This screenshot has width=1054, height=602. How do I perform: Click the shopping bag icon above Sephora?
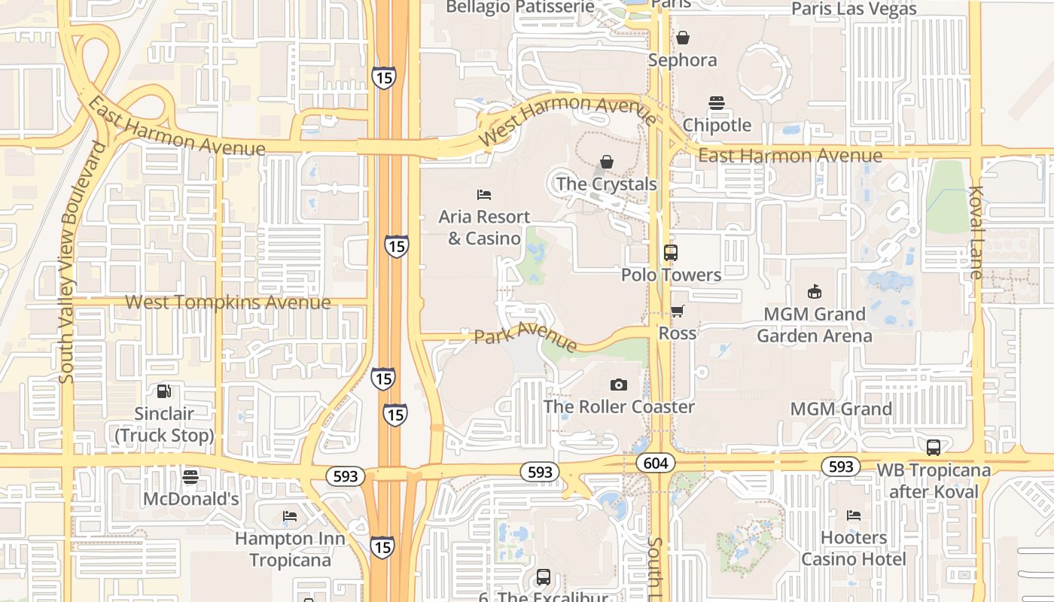pyautogui.click(x=682, y=38)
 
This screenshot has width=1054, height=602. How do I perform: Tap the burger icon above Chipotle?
pyautogui.click(x=716, y=103)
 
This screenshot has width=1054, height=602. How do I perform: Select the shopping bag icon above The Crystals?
pyautogui.click(x=607, y=162)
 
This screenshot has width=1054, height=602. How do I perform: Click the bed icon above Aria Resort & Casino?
pyautogui.click(x=484, y=195)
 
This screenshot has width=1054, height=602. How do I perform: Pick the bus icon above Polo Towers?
pyautogui.click(x=671, y=253)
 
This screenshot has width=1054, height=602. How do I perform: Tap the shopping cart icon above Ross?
pyautogui.click(x=677, y=311)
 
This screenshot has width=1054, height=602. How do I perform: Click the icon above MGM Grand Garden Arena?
pyautogui.click(x=814, y=291)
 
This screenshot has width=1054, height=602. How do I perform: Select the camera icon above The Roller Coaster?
pyautogui.click(x=618, y=385)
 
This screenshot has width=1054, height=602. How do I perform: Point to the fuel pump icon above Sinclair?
pyautogui.click(x=163, y=391)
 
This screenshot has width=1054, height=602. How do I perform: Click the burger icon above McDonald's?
pyautogui.click(x=190, y=477)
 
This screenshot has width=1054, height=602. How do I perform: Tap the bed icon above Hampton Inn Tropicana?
pyautogui.click(x=290, y=516)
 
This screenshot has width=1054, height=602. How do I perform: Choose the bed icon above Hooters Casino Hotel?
pyautogui.click(x=853, y=515)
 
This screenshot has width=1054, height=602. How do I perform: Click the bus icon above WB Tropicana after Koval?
pyautogui.click(x=934, y=448)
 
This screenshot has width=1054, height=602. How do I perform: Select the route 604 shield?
pyautogui.click(x=656, y=464)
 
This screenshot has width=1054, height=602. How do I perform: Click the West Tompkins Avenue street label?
pyautogui.click(x=227, y=303)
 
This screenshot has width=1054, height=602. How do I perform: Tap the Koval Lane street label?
pyautogui.click(x=976, y=233)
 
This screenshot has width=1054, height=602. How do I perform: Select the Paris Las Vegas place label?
pyautogui.click(x=854, y=9)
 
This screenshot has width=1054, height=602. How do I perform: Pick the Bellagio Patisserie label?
pyautogui.click(x=519, y=8)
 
